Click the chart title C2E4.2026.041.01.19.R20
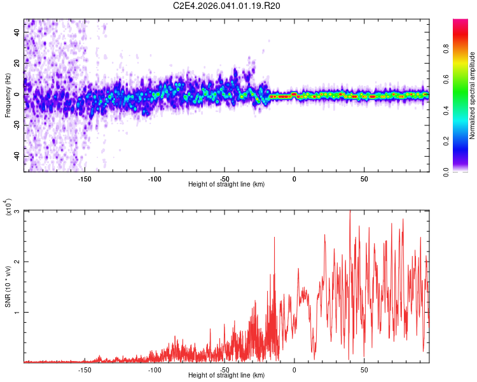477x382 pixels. [x=227, y=6]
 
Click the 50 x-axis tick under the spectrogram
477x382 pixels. [x=364, y=178]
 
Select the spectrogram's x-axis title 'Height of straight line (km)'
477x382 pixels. [x=226, y=185]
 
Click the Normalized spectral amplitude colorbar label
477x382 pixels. [x=473, y=95]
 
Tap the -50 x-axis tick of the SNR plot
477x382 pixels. [x=225, y=369]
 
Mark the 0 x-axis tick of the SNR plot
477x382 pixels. [x=294, y=369]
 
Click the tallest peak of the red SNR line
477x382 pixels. [x=350, y=211]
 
